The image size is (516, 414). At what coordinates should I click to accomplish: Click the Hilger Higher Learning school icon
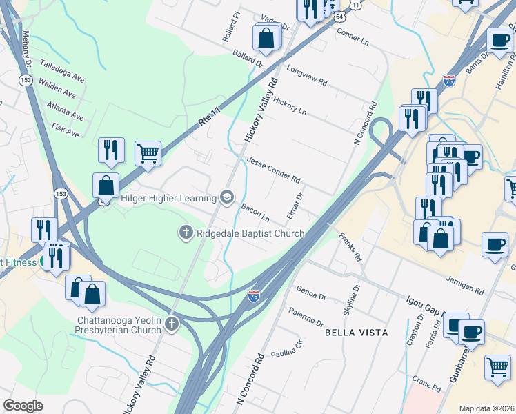point(226,198)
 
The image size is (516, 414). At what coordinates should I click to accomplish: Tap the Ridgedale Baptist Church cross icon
point(185,233)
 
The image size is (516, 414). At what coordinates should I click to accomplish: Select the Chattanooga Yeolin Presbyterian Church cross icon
point(171,324)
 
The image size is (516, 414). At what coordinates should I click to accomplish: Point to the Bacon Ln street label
point(255,214)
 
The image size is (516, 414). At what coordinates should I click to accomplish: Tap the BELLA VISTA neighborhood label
point(356,333)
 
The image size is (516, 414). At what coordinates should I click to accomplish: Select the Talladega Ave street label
point(62,70)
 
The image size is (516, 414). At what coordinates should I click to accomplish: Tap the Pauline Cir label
point(289,351)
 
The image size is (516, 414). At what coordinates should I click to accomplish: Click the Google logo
point(23,405)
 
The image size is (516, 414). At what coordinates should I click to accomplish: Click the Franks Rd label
point(350,247)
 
